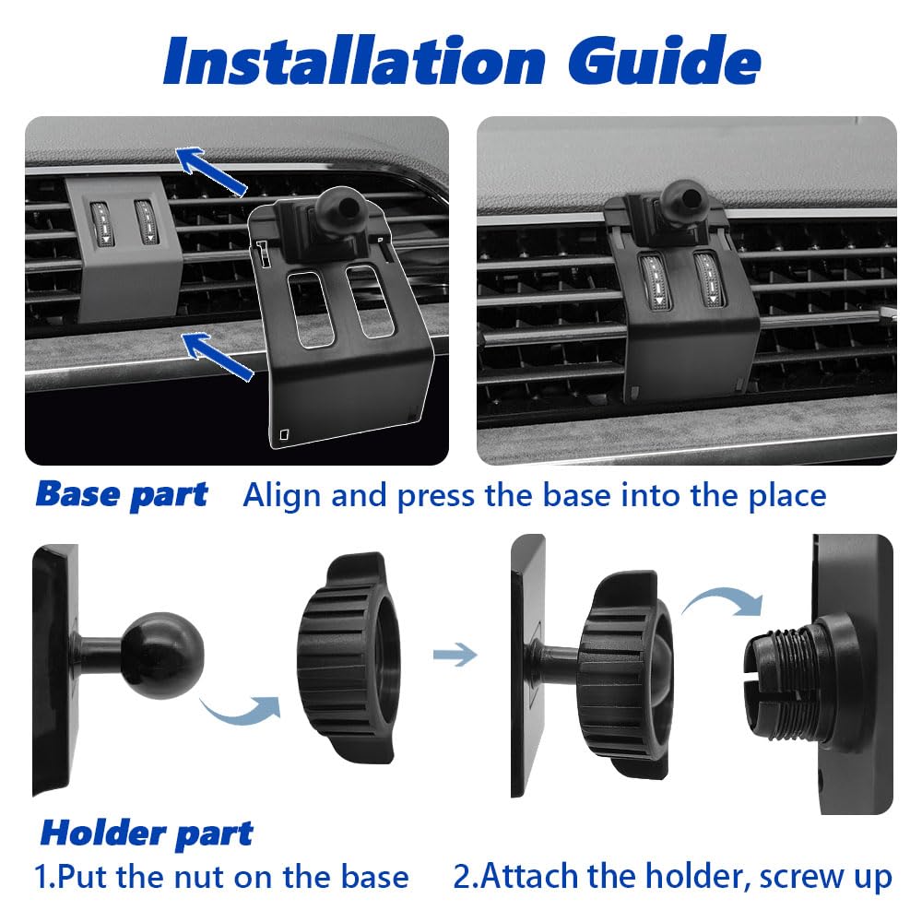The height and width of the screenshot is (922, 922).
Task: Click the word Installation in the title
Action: [355, 60]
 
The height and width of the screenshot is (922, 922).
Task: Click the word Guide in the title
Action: [665, 60]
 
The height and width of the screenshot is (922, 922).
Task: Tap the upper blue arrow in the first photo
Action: [212, 171]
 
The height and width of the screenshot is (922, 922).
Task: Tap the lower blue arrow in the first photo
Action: [217, 356]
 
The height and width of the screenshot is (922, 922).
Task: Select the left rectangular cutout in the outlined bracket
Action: [310, 308]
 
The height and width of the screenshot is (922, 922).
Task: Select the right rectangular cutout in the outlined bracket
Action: [370, 301]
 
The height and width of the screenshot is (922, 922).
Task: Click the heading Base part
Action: [122, 494]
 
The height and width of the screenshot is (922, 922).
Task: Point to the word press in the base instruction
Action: [436, 497]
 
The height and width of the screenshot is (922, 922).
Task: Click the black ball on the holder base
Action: [163, 656]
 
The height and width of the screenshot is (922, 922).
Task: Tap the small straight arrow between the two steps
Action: [455, 655]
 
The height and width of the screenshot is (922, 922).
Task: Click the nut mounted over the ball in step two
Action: [624, 674]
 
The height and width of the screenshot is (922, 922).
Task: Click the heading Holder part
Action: [147, 833]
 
